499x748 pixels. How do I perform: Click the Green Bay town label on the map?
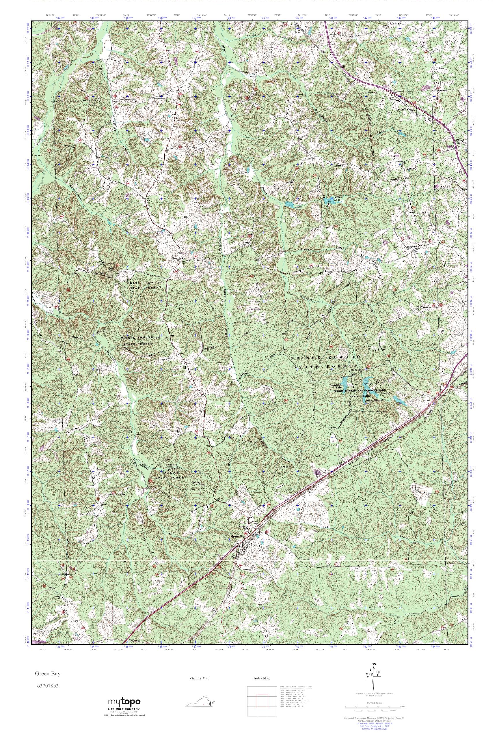point(238,536)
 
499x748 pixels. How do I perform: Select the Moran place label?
point(409,169)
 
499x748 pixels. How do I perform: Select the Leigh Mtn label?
point(98,273)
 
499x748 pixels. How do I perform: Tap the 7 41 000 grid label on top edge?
point(331,18)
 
